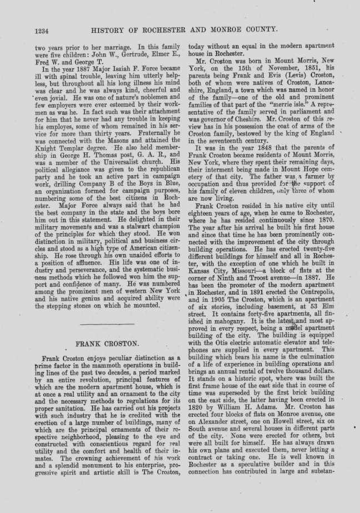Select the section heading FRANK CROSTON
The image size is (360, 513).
coord(107,343)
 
